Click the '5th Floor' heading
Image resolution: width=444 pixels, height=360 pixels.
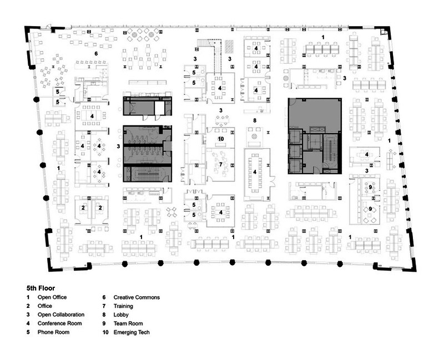pos(41,288)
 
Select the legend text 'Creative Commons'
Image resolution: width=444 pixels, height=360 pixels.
pos(137,297)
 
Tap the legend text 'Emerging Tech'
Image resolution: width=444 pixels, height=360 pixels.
pos(132,332)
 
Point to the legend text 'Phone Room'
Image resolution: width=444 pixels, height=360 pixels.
pos(53,332)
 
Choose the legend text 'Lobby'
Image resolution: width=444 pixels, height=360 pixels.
pos(121,315)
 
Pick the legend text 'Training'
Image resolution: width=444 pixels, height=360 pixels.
pos(123,306)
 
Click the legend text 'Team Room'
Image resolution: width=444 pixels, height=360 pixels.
pos(128,323)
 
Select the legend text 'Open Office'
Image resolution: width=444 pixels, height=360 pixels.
pos(52,297)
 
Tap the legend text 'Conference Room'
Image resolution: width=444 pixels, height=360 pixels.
pos(59,323)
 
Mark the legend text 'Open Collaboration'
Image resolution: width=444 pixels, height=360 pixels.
pos(61,315)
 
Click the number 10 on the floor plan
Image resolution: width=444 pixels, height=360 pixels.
pos(221,139)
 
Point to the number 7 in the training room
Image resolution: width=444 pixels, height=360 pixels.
pos(221,164)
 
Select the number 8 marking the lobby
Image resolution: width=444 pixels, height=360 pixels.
pos(255,120)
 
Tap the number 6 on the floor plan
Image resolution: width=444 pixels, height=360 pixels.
pos(96,53)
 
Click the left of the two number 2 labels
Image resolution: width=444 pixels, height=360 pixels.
pos(83,207)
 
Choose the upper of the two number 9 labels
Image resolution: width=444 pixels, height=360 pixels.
pos(370,187)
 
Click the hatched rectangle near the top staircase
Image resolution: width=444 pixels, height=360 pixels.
pos(229,46)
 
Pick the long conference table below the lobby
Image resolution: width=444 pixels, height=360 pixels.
pos(255,172)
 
